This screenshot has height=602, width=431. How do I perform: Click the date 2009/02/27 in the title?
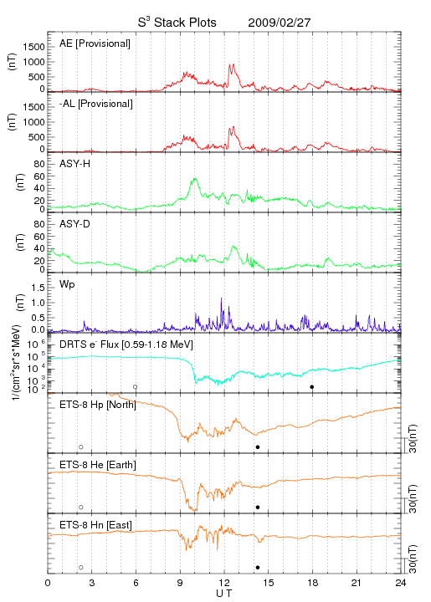(280, 23)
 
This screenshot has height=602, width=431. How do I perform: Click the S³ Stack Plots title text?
(177, 22)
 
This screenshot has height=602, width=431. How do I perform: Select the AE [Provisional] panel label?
(95, 43)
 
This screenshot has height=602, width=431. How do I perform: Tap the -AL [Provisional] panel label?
(96, 104)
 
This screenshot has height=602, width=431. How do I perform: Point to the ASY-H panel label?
(75, 164)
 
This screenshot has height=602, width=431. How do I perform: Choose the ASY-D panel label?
(75, 224)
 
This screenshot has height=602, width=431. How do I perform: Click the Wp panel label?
(67, 284)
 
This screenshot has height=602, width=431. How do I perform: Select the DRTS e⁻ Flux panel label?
(126, 344)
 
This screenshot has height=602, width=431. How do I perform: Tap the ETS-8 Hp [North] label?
(98, 405)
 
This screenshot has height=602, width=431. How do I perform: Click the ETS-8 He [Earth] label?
(98, 465)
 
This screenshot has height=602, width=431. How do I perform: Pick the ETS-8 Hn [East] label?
(95, 525)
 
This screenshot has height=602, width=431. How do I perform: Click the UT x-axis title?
(224, 594)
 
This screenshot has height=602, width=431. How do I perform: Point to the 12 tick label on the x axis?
(224, 583)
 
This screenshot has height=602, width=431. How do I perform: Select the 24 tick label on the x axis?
(401, 583)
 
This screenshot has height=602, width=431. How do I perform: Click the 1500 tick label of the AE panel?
(33, 47)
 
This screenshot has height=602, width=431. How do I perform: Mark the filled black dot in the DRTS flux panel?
(312, 387)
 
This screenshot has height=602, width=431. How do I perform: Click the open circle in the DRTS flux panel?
(136, 387)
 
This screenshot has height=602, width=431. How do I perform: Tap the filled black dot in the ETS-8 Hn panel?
(258, 568)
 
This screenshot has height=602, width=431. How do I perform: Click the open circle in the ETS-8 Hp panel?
(81, 446)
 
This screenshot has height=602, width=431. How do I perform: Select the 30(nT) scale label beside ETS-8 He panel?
(413, 499)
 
